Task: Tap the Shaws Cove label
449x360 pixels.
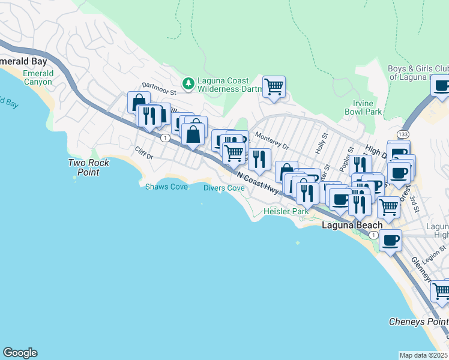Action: tap(166, 187)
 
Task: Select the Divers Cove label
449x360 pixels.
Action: tap(223, 188)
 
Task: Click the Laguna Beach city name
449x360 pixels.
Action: tap(352, 225)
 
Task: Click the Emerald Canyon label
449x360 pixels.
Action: tap(38, 77)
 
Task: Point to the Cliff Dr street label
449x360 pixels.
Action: tap(144, 154)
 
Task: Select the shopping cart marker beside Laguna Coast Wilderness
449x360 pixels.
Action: tap(274, 86)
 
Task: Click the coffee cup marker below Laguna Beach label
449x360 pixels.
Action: tap(390, 241)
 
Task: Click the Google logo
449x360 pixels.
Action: tap(20, 353)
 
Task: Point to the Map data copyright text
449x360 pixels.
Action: tap(424, 355)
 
